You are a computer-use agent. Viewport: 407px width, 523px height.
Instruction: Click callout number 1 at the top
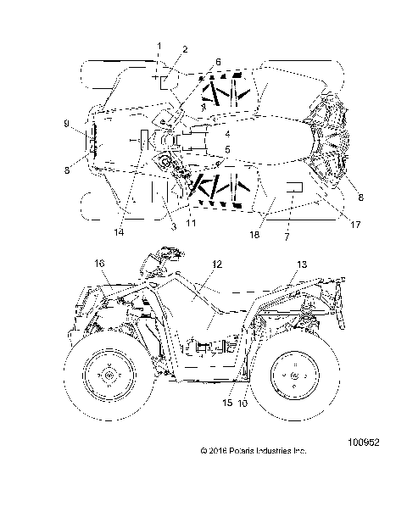(x=158, y=43)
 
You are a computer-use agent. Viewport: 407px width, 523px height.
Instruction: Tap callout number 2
(x=186, y=50)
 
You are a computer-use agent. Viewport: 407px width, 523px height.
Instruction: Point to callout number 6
(x=218, y=62)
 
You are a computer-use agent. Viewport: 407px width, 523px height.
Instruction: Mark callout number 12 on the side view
(x=218, y=265)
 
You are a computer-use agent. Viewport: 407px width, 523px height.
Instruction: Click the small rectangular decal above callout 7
(x=294, y=186)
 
